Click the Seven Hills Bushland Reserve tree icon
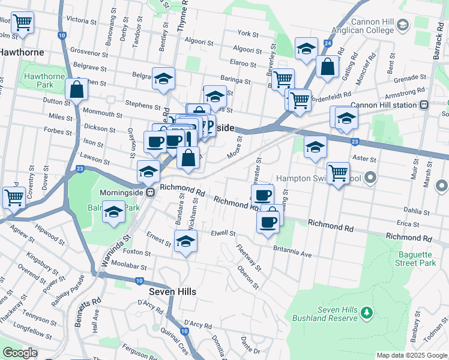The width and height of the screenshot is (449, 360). [x=369, y=312]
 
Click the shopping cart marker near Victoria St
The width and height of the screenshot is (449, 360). [x=22, y=23]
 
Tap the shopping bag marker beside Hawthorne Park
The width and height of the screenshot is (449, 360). [x=77, y=90]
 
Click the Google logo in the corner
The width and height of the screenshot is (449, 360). [x=20, y=353]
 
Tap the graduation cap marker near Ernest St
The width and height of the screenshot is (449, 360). [x=185, y=242]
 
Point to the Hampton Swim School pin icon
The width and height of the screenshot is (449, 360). [x=370, y=178]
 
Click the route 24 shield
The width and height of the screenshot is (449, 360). [x=327, y=44]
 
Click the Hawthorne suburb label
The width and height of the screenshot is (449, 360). [x=21, y=52]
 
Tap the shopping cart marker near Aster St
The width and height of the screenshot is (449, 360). [x=338, y=173]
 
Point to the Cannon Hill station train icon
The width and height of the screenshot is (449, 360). [x=424, y=104]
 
